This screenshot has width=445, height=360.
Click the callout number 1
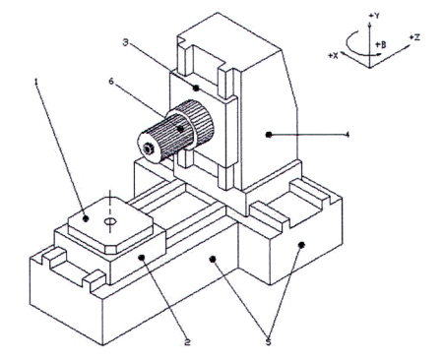click(36, 81)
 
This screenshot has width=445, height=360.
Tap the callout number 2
click(187, 342)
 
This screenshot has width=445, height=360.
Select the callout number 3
click(126, 42)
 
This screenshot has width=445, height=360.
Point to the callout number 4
click(348, 135)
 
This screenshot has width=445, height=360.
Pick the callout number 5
click(269, 342)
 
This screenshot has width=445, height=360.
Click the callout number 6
click(111, 81)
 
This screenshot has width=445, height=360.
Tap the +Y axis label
click(374, 16)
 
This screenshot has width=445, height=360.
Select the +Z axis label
click(414, 37)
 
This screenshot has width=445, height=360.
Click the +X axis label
click(333, 56)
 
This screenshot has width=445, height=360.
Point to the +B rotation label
click(381, 44)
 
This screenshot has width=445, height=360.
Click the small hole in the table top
click(110, 221)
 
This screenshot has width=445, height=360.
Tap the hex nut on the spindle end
click(149, 150)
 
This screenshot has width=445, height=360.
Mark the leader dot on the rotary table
click(86, 218)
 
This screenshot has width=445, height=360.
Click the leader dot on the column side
click(269, 135)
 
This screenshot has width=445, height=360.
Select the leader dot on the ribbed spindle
click(180, 129)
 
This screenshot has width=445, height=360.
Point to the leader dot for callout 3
click(196, 88)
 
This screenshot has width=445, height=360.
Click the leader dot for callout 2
click(142, 258)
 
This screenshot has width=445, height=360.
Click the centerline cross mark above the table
click(109, 198)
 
